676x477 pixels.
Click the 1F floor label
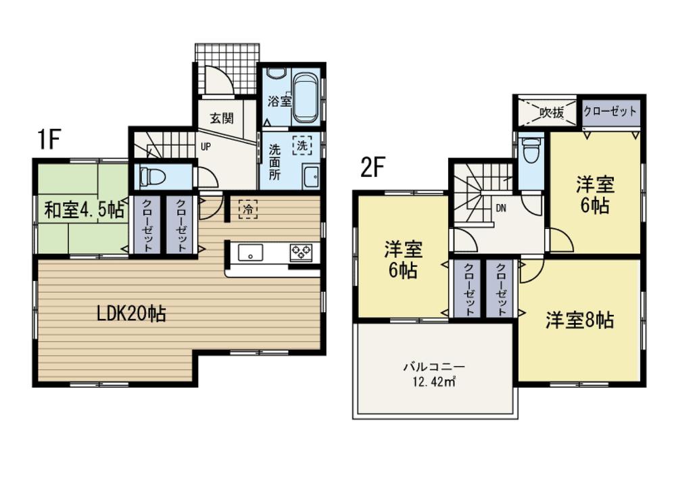pos(49,139)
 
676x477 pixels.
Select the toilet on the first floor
pos(153,177)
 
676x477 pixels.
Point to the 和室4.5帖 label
pos(84,210)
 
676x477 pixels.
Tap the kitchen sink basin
pos(251,254)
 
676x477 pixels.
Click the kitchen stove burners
pos(301,253)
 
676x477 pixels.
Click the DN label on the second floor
pos(501,208)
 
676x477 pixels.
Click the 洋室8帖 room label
pos(579,320)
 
